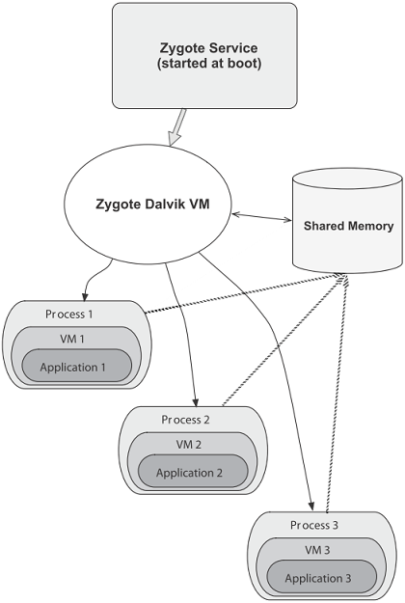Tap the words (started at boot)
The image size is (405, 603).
click(x=209, y=63)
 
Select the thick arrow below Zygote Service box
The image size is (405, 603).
click(x=176, y=127)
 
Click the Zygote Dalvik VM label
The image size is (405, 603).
click(x=152, y=204)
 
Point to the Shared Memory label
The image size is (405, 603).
click(x=348, y=226)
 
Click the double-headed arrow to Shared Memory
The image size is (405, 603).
click(x=261, y=217)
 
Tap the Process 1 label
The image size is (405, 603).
click(x=69, y=315)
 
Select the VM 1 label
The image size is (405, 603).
click(x=72, y=339)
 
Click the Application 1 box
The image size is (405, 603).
click(x=77, y=366)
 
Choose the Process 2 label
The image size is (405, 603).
click(x=185, y=420)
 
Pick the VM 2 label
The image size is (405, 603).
click(x=188, y=445)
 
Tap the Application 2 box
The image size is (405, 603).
click(x=193, y=471)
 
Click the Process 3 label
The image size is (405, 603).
click(x=314, y=525)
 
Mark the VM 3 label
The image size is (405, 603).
click(x=317, y=550)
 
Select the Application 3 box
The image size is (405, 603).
click(x=322, y=577)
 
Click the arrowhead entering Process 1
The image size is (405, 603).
click(x=85, y=297)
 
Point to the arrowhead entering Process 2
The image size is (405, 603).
click(x=196, y=402)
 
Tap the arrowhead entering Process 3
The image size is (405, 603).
click(x=312, y=507)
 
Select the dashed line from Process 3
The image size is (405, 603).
click(x=337, y=394)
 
